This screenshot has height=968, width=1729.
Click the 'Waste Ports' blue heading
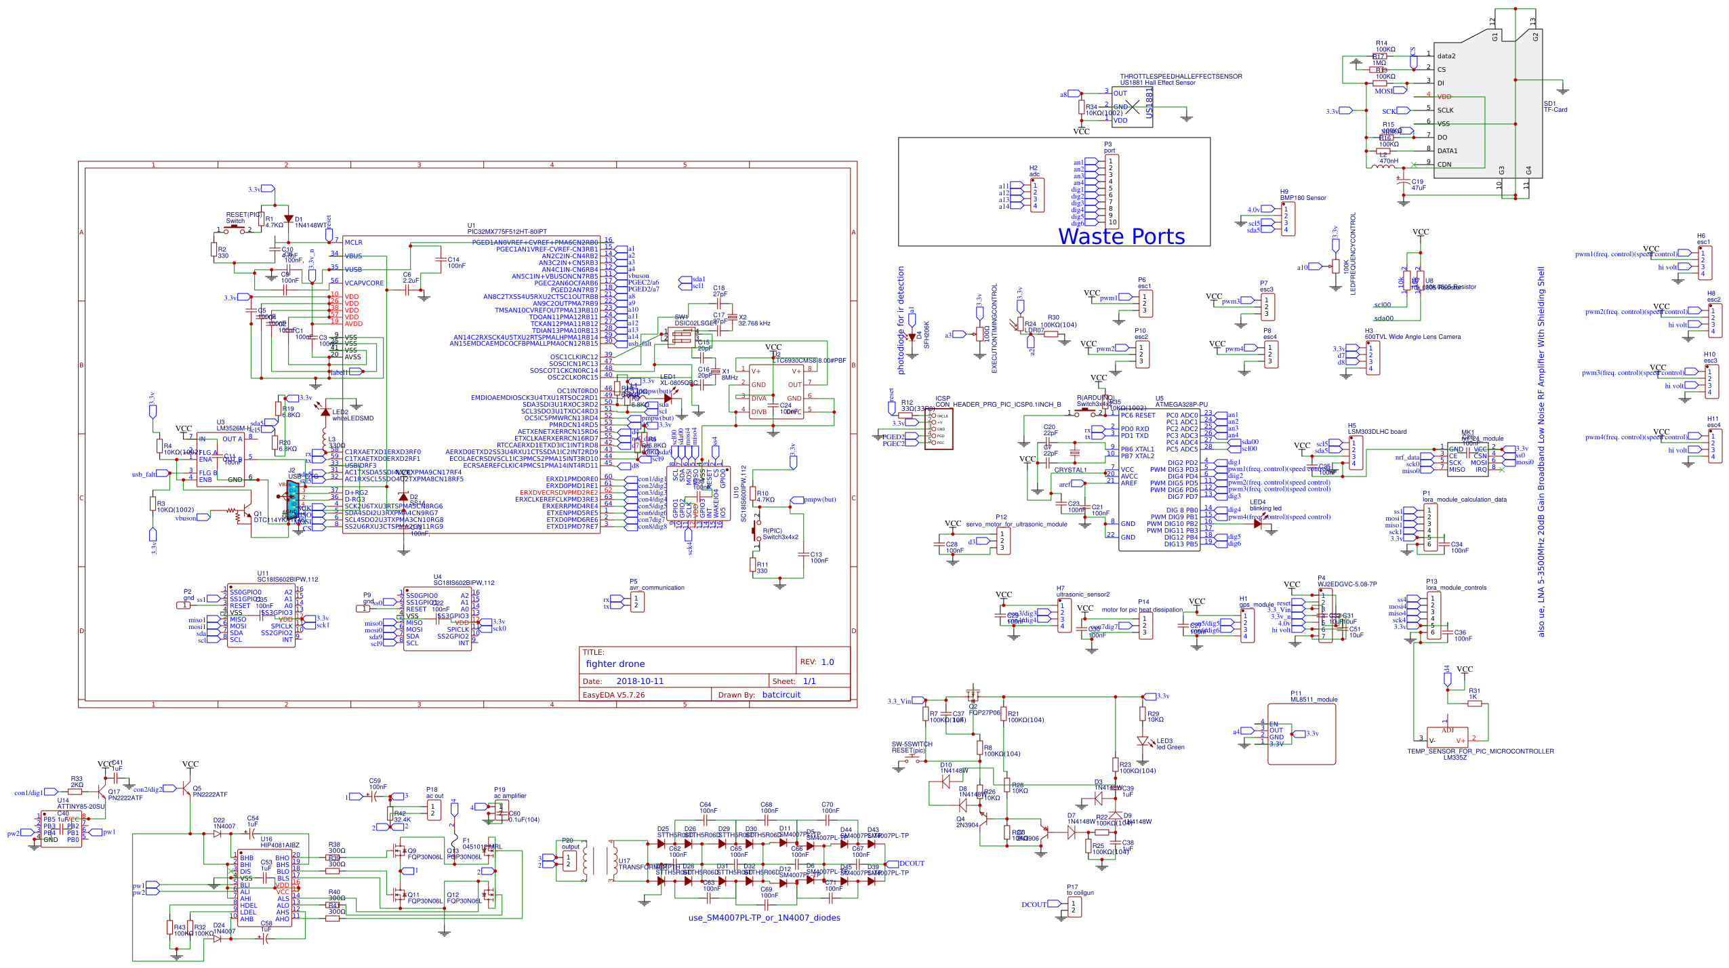pyautogui.click(x=1121, y=237)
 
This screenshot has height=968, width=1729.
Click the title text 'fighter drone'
pyautogui.click(x=615, y=664)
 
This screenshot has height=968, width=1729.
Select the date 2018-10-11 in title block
pyautogui.click(x=639, y=681)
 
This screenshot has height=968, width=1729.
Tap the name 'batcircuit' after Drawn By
pyautogui.click(x=781, y=695)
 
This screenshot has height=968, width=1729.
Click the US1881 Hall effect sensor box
pyautogui.click(x=1132, y=107)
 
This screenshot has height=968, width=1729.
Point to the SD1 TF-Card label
pyautogui.click(x=1555, y=107)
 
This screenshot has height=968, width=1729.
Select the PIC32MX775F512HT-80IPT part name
pyautogui.click(x=506, y=232)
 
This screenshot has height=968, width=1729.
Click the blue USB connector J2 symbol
pyautogui.click(x=293, y=500)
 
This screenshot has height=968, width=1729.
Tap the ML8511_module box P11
pyautogui.click(x=1301, y=734)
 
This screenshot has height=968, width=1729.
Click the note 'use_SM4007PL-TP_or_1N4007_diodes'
pyautogui.click(x=764, y=918)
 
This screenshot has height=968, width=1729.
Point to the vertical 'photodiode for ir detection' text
pyautogui.click(x=901, y=320)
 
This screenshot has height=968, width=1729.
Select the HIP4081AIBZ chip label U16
pyautogui.click(x=279, y=845)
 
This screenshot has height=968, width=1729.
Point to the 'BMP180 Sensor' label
pyautogui.click(x=1303, y=198)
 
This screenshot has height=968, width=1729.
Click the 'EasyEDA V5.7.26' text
pyautogui.click(x=613, y=695)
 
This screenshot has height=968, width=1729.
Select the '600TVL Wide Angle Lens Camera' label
pyautogui.click(x=1412, y=337)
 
